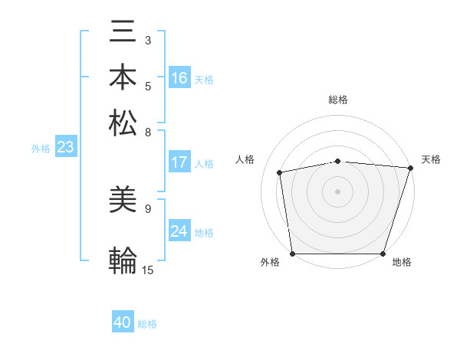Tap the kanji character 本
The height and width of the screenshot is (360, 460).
123,77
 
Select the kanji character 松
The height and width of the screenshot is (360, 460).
123,122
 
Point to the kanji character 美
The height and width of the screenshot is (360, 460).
123,201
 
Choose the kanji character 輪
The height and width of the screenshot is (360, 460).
123,260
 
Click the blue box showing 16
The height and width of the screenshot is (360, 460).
179,78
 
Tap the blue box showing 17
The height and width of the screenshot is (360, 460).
179,162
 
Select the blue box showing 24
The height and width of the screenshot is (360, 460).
179,231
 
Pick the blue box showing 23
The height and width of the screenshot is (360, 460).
65,148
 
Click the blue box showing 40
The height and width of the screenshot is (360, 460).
123,323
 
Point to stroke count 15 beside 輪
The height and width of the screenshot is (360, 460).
147,270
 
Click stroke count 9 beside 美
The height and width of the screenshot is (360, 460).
147,208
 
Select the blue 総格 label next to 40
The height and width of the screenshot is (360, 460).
147,324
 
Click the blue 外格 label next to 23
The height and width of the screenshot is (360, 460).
40,149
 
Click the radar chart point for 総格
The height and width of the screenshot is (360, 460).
337,161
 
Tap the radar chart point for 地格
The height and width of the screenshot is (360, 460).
383,254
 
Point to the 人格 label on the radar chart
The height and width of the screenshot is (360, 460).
245,159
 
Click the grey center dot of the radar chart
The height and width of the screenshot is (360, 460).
337,191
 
